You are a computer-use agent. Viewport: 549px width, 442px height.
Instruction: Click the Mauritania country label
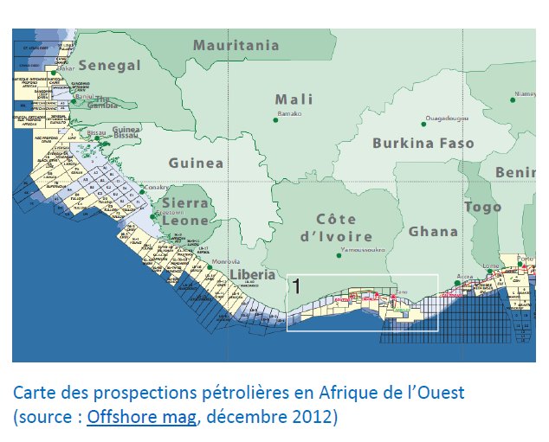pyautogui.click(x=236, y=45)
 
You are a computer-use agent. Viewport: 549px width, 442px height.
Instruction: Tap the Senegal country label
pyautogui.click(x=109, y=66)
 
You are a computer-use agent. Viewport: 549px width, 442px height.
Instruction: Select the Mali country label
pyautogui.click(x=294, y=99)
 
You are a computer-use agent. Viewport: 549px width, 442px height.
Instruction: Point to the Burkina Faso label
pyautogui.click(x=423, y=144)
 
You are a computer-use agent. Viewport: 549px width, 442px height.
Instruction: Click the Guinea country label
pyautogui.click(x=196, y=163)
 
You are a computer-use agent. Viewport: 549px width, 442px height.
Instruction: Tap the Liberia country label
pyautogui.click(x=252, y=274)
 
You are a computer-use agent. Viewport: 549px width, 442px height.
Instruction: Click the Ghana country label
pyautogui.click(x=433, y=231)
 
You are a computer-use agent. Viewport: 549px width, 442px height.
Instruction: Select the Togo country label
pyautogui.click(x=482, y=207)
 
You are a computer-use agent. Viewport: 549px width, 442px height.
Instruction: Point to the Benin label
pyautogui.click(x=515, y=173)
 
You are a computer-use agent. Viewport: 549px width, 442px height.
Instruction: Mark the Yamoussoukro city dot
pyautogui.click(x=337, y=255)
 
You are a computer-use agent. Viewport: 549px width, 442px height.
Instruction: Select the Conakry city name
pyautogui.click(x=156, y=187)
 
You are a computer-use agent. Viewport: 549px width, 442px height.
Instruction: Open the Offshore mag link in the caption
pyautogui.click(x=141, y=416)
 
